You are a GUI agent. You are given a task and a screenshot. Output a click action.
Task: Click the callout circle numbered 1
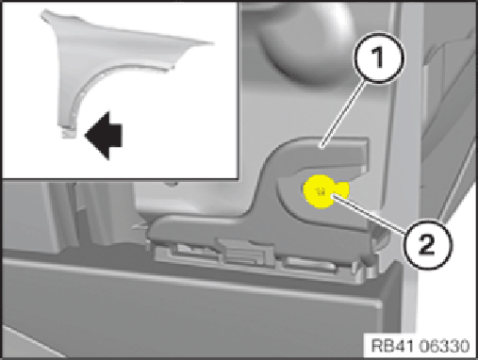pyautogui.click(x=379, y=57)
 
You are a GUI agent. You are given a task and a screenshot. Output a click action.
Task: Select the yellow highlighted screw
pyautogui.click(x=320, y=191)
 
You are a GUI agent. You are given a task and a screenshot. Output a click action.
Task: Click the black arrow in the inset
pyautogui.click(x=104, y=136)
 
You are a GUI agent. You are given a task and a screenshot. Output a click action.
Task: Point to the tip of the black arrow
pyautogui.click(x=85, y=136)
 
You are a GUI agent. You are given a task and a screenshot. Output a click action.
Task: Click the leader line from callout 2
pyautogui.click(x=369, y=213)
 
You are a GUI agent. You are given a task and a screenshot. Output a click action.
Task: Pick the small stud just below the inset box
pyautogui.click(x=172, y=183)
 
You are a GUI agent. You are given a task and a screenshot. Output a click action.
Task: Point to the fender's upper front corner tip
pyautogui.click(x=44, y=13)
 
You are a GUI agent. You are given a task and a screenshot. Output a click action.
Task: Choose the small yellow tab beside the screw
pyautogui.click(x=342, y=189)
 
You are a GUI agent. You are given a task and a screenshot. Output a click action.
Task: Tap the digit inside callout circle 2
pyautogui.click(x=426, y=244)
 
